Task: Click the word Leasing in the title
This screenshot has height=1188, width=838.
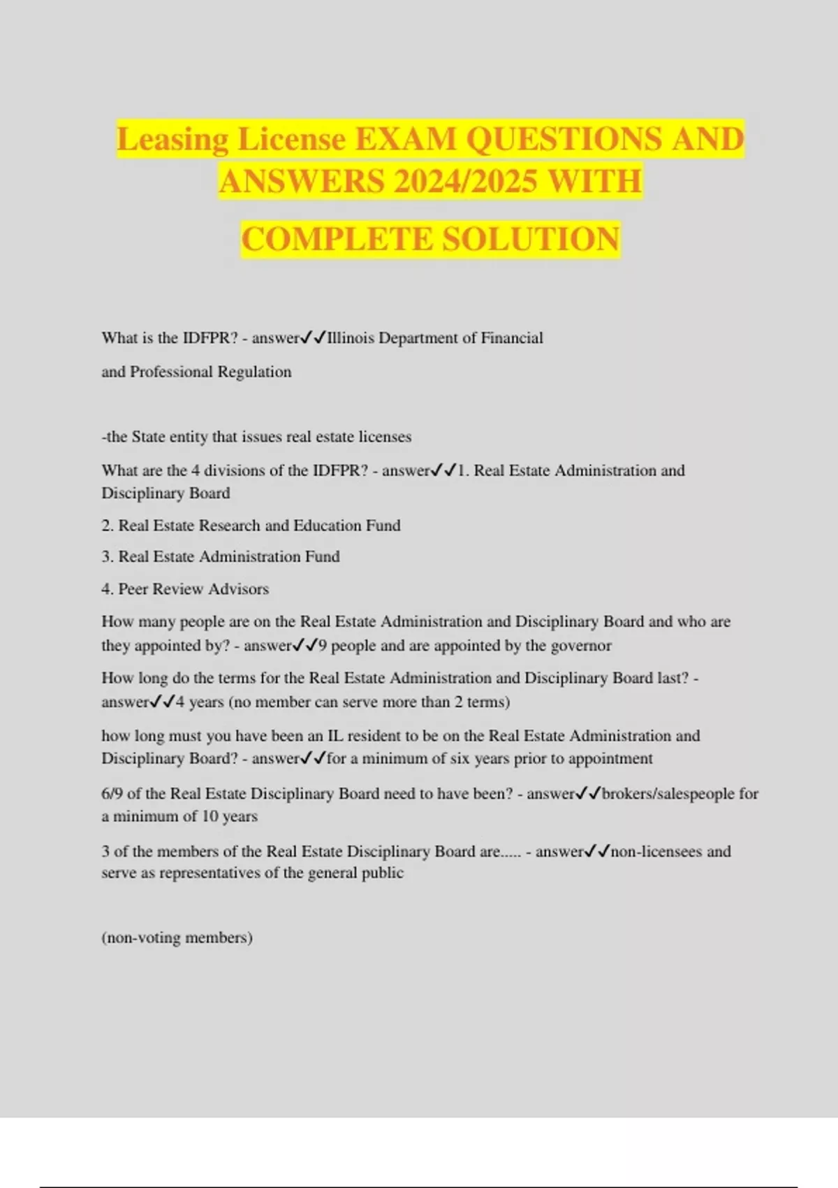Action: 172,139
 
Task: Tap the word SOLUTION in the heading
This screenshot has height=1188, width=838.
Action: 531,239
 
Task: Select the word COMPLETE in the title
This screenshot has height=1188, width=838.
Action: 337,239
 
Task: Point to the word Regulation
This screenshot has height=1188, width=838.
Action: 254,372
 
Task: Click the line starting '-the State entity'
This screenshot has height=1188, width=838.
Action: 256,437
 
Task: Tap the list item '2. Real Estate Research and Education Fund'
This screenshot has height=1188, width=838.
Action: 251,526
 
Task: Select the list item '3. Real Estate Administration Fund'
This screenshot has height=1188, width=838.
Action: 221,557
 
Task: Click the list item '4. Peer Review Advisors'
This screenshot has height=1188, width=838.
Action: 185,589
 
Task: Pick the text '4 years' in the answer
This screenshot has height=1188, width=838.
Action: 200,702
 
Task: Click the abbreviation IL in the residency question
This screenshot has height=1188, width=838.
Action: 335,736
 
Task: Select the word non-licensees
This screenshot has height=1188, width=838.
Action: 656,852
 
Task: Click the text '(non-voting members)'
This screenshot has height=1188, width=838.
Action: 177,938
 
